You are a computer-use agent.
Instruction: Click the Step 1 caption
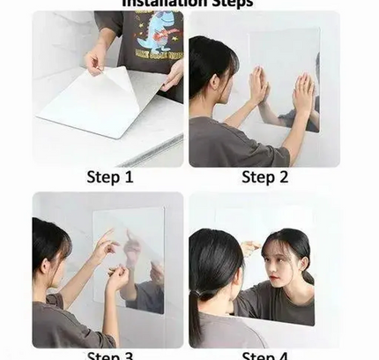click(109, 176)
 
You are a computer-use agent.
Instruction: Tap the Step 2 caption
click(264, 176)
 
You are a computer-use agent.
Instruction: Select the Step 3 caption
click(109, 356)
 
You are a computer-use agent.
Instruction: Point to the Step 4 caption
click(264, 356)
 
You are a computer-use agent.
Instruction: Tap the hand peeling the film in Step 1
click(95, 60)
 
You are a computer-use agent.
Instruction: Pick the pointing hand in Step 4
click(251, 248)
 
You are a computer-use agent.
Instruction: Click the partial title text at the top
click(186, 4)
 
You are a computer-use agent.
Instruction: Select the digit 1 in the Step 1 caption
click(129, 176)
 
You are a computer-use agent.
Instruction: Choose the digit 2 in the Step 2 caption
click(284, 176)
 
